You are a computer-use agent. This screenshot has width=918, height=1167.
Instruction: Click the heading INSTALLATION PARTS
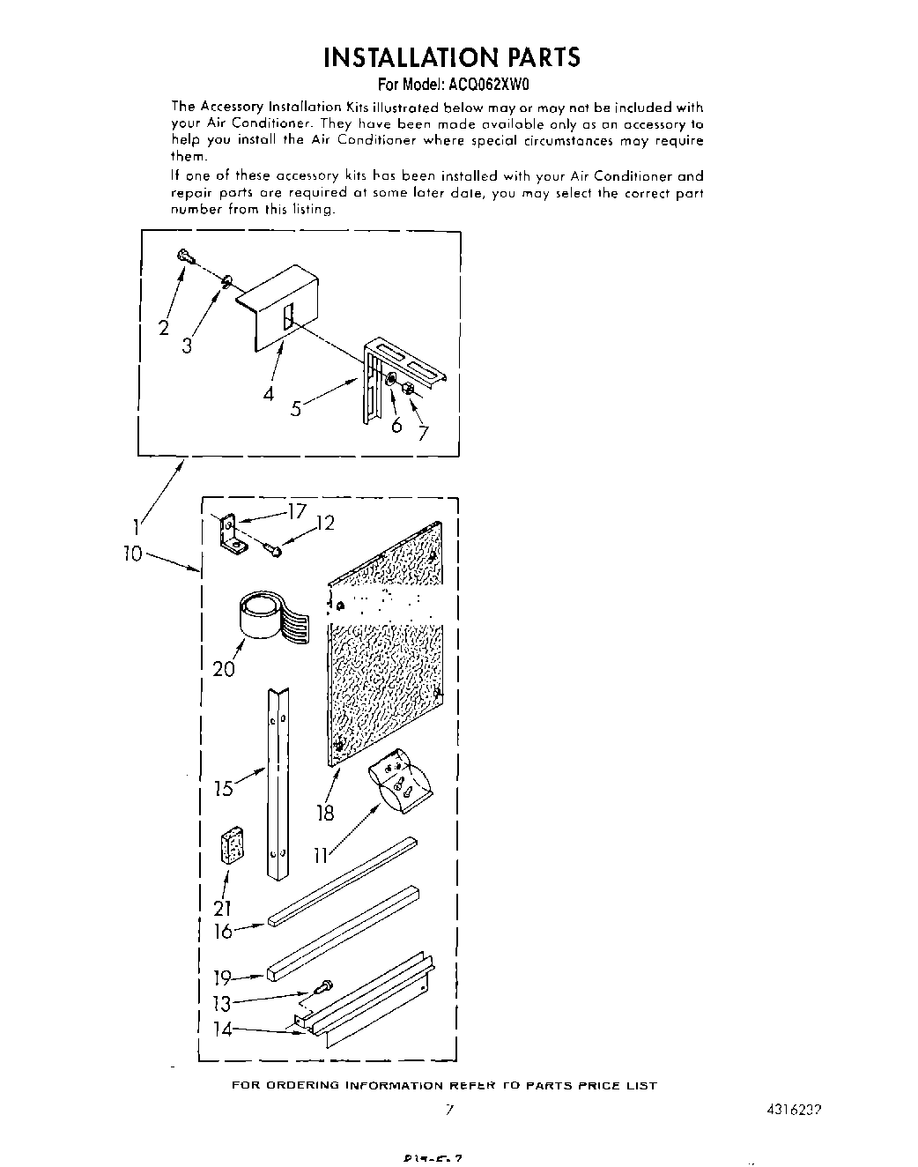point(452,58)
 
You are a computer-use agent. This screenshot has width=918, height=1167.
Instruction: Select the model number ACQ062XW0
point(486,85)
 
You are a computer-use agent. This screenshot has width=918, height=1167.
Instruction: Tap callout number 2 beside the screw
point(164,329)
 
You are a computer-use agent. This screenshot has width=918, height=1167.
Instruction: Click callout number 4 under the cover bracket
point(268,393)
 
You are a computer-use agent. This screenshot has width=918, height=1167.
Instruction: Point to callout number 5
point(296,408)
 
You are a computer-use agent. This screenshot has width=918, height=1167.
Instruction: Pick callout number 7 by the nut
point(424,432)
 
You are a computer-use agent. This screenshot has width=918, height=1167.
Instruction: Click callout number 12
point(325,524)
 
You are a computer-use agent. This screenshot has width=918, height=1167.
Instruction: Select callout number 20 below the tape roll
point(224,669)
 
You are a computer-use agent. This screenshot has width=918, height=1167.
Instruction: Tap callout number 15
point(224,788)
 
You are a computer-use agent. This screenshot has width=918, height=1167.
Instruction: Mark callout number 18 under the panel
point(325,812)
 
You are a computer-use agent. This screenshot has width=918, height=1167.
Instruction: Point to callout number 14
point(224,1029)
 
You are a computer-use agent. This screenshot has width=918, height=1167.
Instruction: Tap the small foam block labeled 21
point(232,844)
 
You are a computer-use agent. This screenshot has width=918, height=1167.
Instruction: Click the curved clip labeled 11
point(401,776)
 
